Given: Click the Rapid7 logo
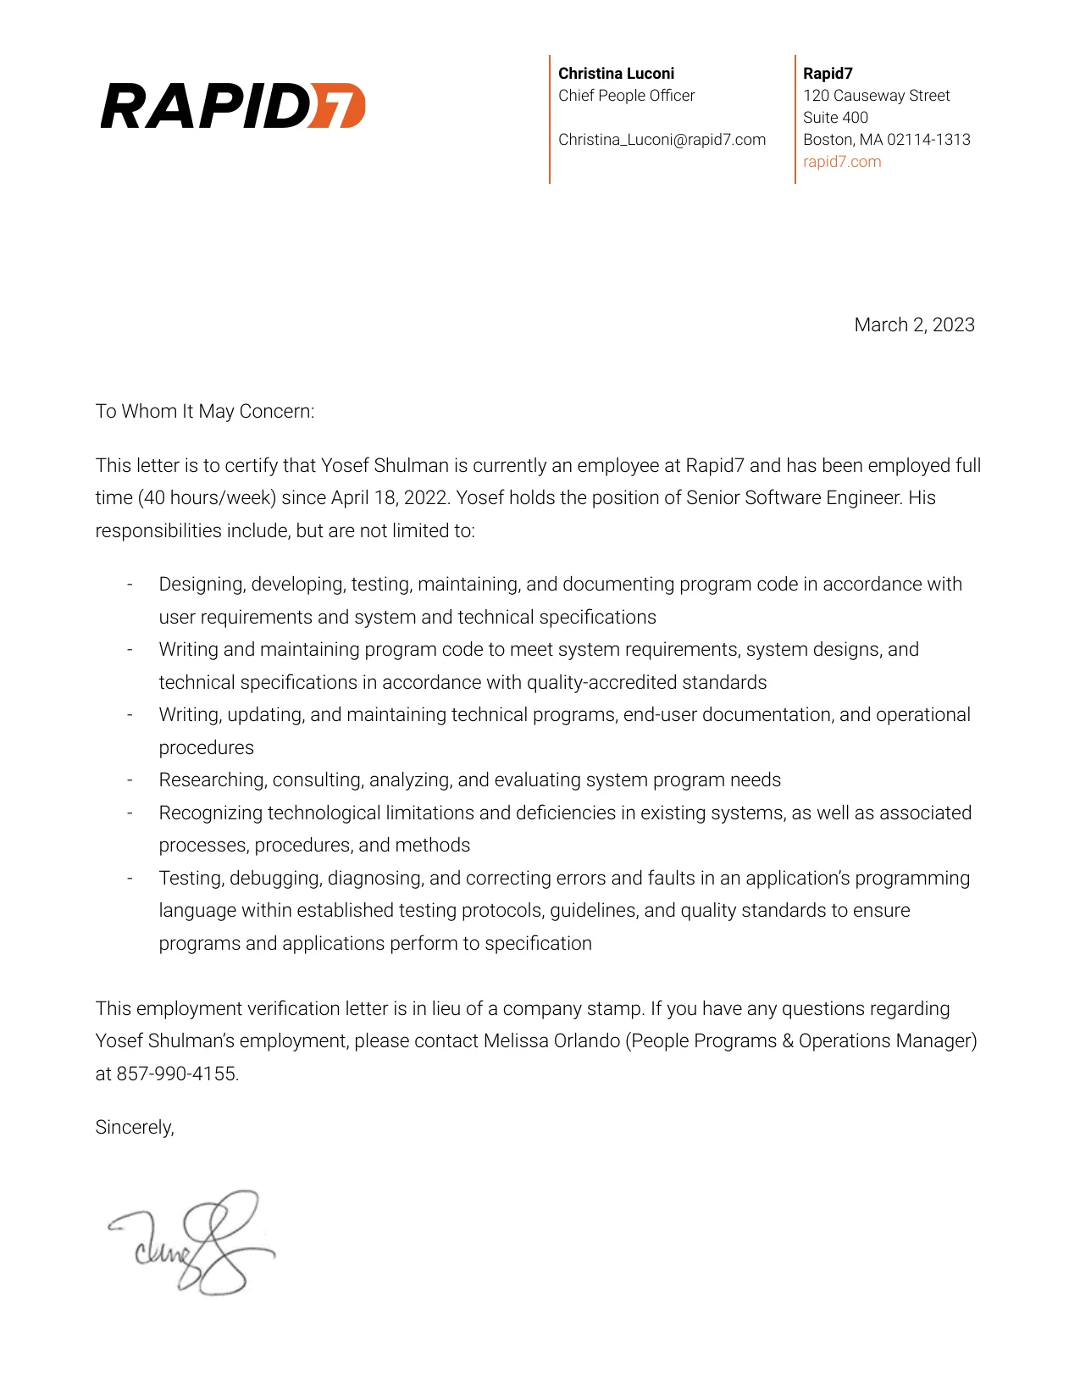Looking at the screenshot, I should [x=233, y=106].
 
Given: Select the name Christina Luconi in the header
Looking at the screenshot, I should [x=616, y=74].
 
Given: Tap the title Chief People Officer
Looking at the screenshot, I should [x=626, y=96].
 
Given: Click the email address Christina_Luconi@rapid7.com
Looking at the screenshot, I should [x=662, y=140].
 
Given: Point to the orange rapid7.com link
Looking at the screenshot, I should [x=842, y=162].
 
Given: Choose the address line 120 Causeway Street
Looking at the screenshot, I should [x=876, y=96].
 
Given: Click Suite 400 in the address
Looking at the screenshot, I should [x=835, y=118].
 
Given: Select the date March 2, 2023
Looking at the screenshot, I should [x=914, y=325].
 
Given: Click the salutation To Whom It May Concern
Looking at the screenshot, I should [x=204, y=412].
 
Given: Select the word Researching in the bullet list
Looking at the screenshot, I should [x=213, y=780].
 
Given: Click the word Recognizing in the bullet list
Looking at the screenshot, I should [x=210, y=813].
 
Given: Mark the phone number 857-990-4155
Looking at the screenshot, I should [x=177, y=1074].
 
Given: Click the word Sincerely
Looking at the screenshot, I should [x=134, y=1128].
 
